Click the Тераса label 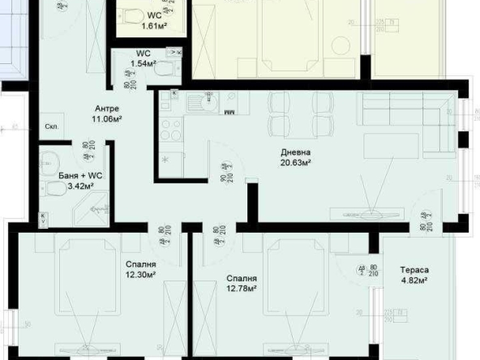click(414, 272)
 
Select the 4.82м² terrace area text click(414, 282)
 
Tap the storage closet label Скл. click(50, 127)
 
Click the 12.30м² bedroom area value click(141, 275)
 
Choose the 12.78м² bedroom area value click(241, 288)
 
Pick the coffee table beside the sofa click(391, 147)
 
